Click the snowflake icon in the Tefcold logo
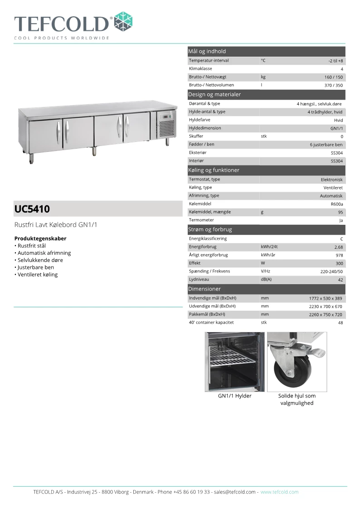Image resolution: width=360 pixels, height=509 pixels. (x=123, y=21)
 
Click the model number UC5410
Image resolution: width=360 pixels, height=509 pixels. (x=32, y=209)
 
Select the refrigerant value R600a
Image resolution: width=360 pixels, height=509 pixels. (x=337, y=204)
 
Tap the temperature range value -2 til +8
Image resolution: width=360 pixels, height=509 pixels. (x=336, y=61)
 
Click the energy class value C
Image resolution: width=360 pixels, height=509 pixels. (x=341, y=239)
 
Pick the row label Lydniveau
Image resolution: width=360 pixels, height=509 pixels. (x=199, y=280)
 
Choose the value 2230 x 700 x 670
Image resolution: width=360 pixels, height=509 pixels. (x=325, y=306)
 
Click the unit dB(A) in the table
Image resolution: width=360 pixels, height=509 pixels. (x=266, y=280)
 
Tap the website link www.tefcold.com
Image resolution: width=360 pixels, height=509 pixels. (x=279, y=492)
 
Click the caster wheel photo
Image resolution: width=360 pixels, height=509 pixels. (x=297, y=362)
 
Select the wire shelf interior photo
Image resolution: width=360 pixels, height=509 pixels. (x=234, y=362)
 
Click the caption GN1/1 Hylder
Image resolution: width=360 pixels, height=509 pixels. (x=234, y=396)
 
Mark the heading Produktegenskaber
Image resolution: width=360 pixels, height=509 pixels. (x=40, y=238)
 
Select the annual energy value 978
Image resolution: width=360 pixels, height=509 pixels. (x=339, y=255)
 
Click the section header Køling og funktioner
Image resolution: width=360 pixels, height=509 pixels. (x=214, y=170)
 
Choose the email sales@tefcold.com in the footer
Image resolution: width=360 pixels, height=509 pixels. (x=235, y=492)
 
